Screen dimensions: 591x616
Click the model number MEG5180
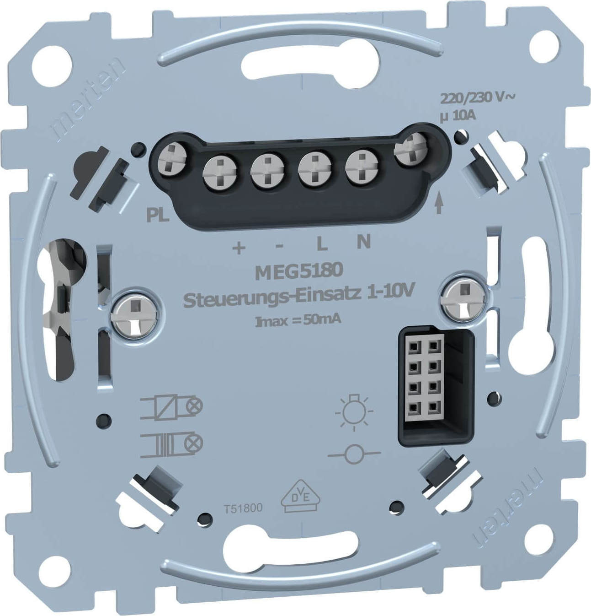299,272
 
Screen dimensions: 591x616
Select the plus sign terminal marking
239,248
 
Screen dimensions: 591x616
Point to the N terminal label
364,242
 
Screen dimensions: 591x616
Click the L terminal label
322,244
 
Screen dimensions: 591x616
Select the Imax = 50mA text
298,321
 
